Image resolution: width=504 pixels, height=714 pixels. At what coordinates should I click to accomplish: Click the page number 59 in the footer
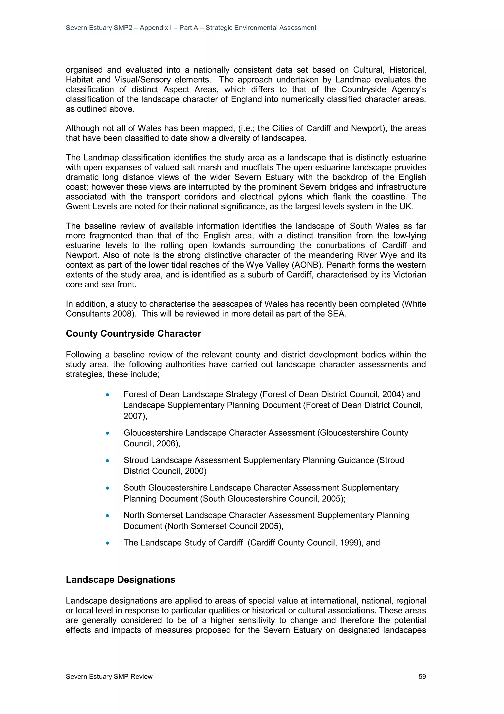tap(422, 676)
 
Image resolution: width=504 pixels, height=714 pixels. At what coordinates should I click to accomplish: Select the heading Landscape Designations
tap(121, 580)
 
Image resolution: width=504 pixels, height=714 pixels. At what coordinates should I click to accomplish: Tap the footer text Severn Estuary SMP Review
tap(109, 676)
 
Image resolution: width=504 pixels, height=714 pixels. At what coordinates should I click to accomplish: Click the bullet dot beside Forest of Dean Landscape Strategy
tap(108, 395)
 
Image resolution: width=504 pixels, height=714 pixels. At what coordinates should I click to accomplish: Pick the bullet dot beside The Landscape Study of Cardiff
tap(108, 543)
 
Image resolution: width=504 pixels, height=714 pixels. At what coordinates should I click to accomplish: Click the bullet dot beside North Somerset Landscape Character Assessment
tap(108, 516)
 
